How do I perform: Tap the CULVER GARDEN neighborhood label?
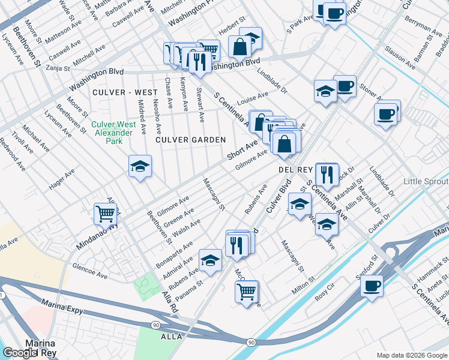tap(190, 140)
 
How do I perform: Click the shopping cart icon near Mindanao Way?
tap(105, 213)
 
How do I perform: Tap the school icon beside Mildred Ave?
tap(140, 166)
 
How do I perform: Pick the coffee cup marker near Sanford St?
tap(372, 284)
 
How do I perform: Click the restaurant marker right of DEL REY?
tap(327, 173)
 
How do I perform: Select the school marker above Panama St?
tap(211, 260)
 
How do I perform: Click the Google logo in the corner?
tap(20, 353)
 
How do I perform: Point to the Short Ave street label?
tap(242, 150)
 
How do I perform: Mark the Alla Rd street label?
tap(170, 301)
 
